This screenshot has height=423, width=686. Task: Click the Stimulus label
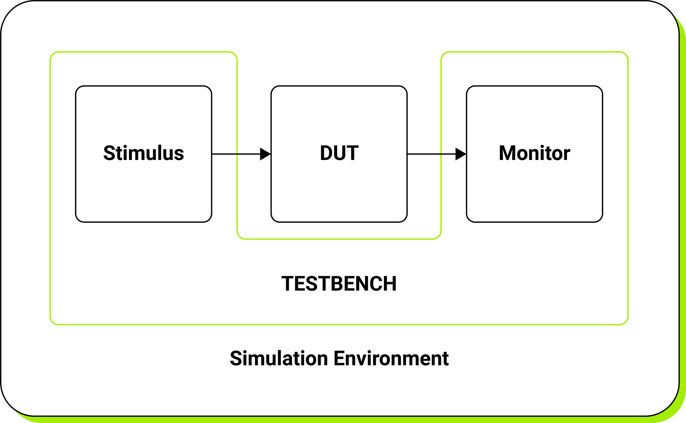(x=144, y=153)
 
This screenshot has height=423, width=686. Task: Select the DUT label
(x=339, y=153)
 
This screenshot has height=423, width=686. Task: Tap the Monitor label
(x=534, y=153)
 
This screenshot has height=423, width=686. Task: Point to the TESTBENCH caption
(x=339, y=284)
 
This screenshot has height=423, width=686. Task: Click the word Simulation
(x=279, y=358)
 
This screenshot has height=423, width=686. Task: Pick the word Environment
(x=391, y=358)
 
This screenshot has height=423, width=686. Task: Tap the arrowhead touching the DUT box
(x=265, y=154)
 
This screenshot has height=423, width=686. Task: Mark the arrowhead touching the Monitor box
(x=461, y=154)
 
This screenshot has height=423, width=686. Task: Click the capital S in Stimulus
(x=109, y=153)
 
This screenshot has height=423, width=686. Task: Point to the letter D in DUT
(x=326, y=153)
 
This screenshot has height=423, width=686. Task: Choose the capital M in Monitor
(x=507, y=153)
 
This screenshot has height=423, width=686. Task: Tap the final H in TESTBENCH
(x=391, y=284)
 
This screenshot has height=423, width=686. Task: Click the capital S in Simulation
(x=236, y=358)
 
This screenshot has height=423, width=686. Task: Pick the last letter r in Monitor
(x=566, y=154)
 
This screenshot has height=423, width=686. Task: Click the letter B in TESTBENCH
(x=338, y=284)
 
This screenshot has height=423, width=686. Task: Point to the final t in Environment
(x=445, y=359)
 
